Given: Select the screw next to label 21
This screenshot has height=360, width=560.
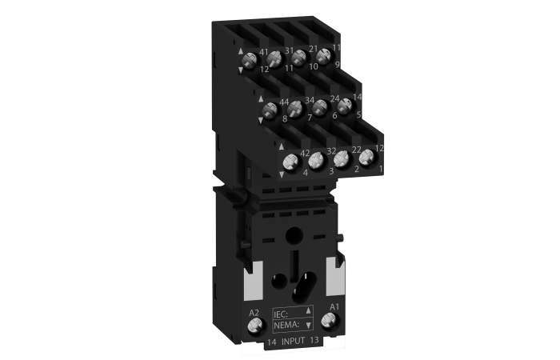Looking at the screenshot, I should click(x=298, y=57).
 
